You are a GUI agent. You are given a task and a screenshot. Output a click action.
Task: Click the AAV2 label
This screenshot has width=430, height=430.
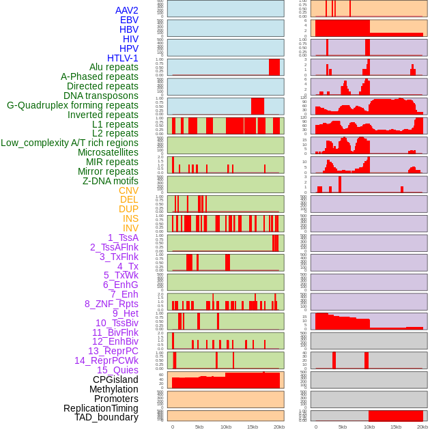click(x=126, y=10)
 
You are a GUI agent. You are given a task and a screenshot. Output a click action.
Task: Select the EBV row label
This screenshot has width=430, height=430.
click(x=129, y=20)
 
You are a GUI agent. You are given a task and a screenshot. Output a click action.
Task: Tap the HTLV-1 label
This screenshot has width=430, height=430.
click(x=122, y=58)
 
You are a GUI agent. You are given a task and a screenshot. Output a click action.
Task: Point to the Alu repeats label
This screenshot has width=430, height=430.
click(x=114, y=67)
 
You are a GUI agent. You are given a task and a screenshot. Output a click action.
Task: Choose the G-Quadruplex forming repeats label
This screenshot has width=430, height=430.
click(x=72, y=105)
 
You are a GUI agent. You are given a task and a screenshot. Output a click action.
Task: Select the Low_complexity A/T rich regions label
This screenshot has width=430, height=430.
click(x=70, y=143)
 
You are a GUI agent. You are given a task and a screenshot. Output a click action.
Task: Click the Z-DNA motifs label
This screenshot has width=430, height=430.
click(x=111, y=181)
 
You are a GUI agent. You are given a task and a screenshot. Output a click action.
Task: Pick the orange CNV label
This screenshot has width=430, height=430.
click(x=128, y=190)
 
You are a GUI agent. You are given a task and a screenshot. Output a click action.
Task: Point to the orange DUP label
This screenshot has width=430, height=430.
click(x=128, y=209)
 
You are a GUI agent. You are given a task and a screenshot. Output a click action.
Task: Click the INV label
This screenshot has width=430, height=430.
click(x=130, y=228)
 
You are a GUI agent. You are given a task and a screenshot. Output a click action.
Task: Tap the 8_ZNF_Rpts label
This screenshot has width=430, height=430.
click(x=111, y=304)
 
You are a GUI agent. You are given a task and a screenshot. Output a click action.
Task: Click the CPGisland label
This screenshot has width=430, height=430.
click(x=115, y=379)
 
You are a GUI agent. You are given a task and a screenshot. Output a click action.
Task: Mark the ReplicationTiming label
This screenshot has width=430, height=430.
click(x=100, y=408)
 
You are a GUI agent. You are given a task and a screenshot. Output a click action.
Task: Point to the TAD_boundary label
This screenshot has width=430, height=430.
click(x=106, y=417)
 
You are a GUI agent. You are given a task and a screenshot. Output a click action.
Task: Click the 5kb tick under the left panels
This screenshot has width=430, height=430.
click(x=199, y=427)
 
